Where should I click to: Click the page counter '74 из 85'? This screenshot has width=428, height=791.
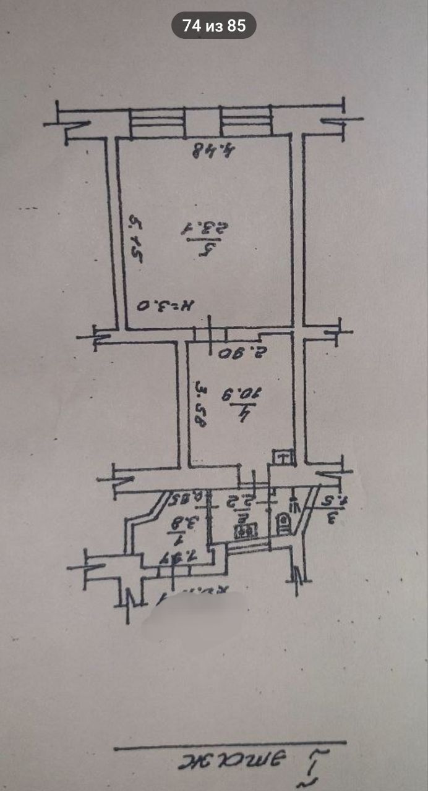[214, 26]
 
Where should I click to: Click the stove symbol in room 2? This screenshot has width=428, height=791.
[246, 529]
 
